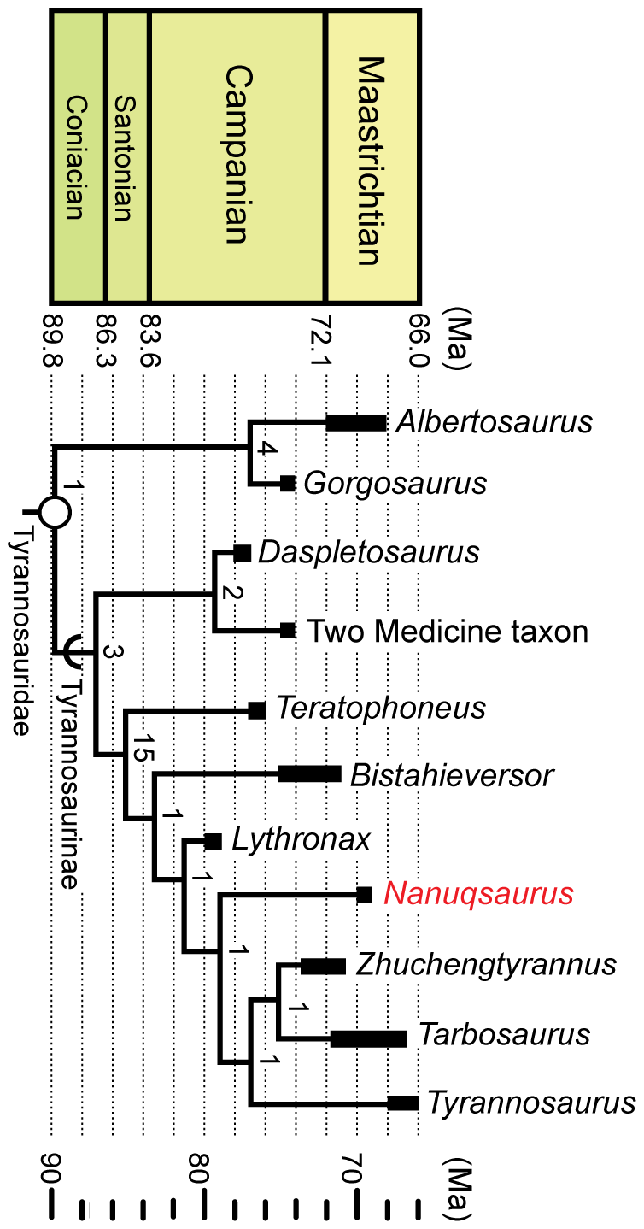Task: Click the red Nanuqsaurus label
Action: (477, 894)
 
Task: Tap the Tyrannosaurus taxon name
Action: (531, 1103)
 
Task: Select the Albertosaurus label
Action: (495, 422)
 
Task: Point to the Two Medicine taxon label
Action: (448, 632)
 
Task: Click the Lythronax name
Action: (301, 839)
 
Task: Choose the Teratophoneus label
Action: (380, 709)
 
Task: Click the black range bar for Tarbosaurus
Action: (368, 1038)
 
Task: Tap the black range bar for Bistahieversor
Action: (309, 774)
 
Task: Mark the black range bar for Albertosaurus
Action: (356, 422)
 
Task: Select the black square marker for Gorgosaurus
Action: (289, 484)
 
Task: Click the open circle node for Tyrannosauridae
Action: (56, 513)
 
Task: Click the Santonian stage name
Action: (124, 158)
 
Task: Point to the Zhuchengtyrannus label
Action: (486, 964)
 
